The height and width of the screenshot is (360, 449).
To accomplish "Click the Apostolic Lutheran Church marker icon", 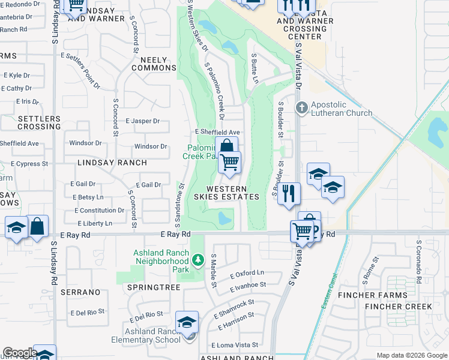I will point(302,107).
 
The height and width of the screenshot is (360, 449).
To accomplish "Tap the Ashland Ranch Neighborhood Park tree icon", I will point(198,260).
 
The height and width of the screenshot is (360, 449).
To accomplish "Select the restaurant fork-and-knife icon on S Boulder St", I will point(289,194).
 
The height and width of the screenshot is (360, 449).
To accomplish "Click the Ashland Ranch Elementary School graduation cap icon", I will point(187,323).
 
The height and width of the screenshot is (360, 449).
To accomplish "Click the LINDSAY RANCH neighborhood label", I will point(112,163).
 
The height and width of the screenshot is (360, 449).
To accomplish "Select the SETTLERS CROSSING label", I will point(39,122).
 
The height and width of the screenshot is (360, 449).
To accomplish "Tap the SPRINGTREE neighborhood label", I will point(154,288).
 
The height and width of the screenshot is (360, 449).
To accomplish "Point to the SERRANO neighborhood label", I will point(85,292).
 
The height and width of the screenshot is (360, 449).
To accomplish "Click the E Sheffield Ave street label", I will point(217,132).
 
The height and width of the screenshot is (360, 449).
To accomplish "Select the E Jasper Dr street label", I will point(143,121).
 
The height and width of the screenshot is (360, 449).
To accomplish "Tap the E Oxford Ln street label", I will point(247,275).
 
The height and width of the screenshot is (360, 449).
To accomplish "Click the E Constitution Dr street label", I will point(100,211).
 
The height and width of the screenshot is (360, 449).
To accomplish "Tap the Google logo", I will point(20,353).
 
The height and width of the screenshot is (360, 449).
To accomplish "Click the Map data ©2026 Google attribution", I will point(411,355).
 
